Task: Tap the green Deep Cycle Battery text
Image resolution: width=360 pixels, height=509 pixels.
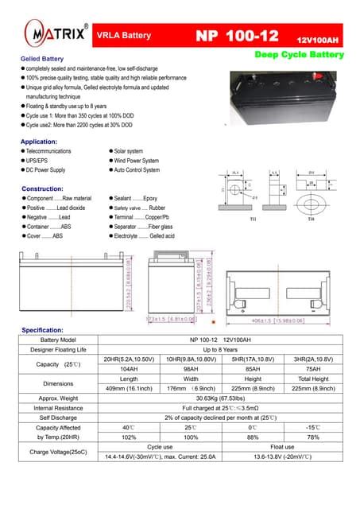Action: (299, 55)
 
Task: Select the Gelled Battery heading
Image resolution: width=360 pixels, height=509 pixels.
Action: (42, 60)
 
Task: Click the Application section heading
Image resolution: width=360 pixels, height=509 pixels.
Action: (44, 141)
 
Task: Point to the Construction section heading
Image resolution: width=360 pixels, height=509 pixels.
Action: (47, 188)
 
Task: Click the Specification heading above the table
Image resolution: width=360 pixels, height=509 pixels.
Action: (48, 328)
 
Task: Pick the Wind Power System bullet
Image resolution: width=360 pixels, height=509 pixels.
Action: (137, 160)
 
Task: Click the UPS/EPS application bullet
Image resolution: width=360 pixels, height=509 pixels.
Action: (38, 160)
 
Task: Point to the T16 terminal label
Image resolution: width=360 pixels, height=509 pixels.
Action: (311, 220)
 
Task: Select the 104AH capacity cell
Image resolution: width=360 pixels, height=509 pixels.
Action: (128, 368)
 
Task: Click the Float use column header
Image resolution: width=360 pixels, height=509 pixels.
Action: (282, 447)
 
